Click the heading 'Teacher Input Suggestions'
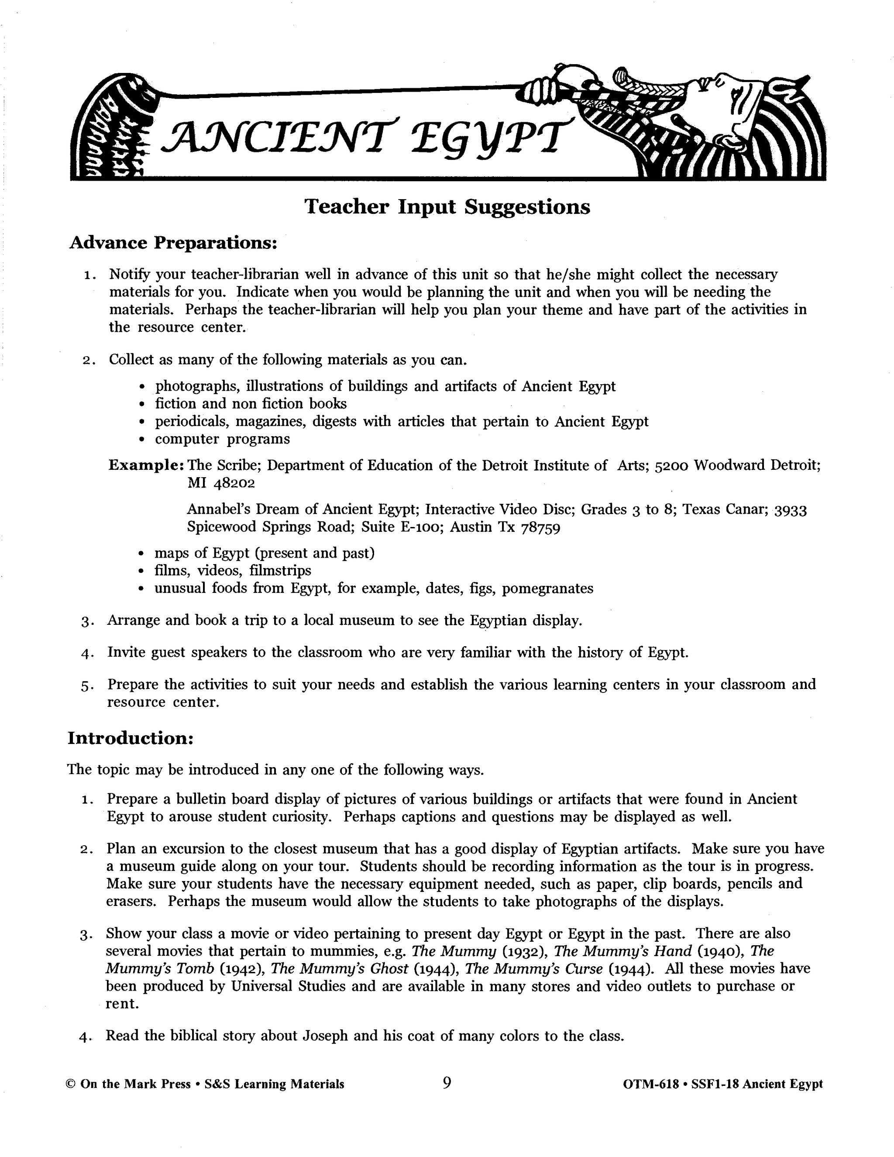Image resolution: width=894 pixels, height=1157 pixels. coord(447,207)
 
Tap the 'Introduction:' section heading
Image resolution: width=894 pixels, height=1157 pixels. coord(130,738)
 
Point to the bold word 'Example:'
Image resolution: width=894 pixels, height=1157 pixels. coord(146,466)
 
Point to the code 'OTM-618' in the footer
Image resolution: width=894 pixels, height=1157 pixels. coord(651,1085)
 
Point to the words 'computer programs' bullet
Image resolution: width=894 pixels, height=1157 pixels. coord(223,439)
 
